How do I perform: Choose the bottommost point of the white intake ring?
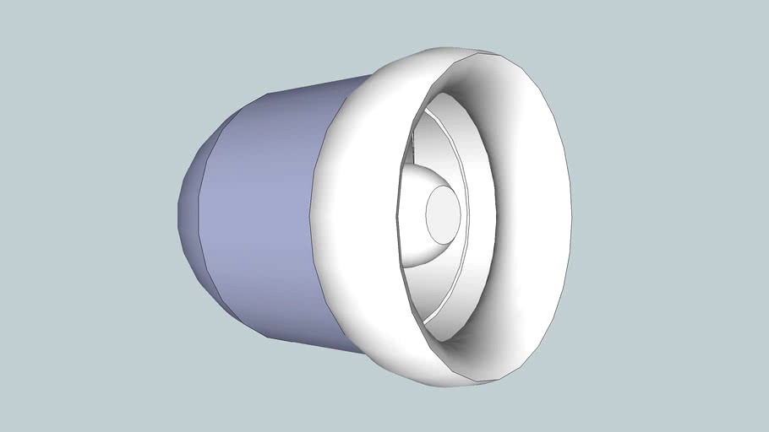coord(461,386)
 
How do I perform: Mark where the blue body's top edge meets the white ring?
coord(370,77)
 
